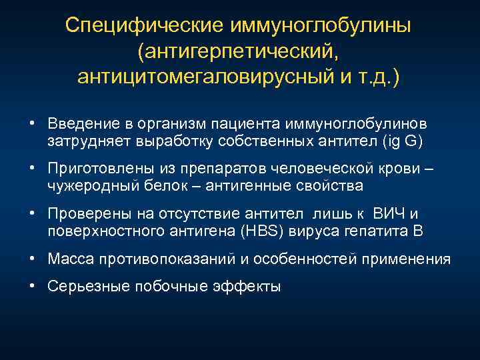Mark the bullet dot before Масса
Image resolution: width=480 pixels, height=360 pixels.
[32, 259]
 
